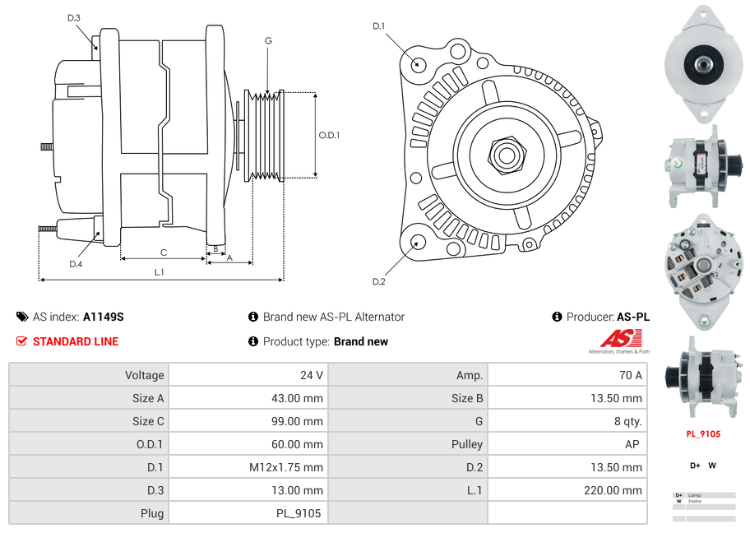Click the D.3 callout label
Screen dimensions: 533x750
point(74,17)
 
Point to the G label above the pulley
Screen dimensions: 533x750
point(268,40)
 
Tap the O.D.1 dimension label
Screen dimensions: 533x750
point(329,135)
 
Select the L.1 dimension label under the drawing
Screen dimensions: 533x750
point(160,271)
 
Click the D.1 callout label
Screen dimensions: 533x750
point(378,26)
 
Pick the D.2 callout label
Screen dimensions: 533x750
point(378,281)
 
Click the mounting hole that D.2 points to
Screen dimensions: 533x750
point(418,242)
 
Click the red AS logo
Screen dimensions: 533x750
point(620,338)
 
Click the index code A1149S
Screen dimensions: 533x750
point(104,317)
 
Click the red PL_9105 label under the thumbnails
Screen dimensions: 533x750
point(703,434)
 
